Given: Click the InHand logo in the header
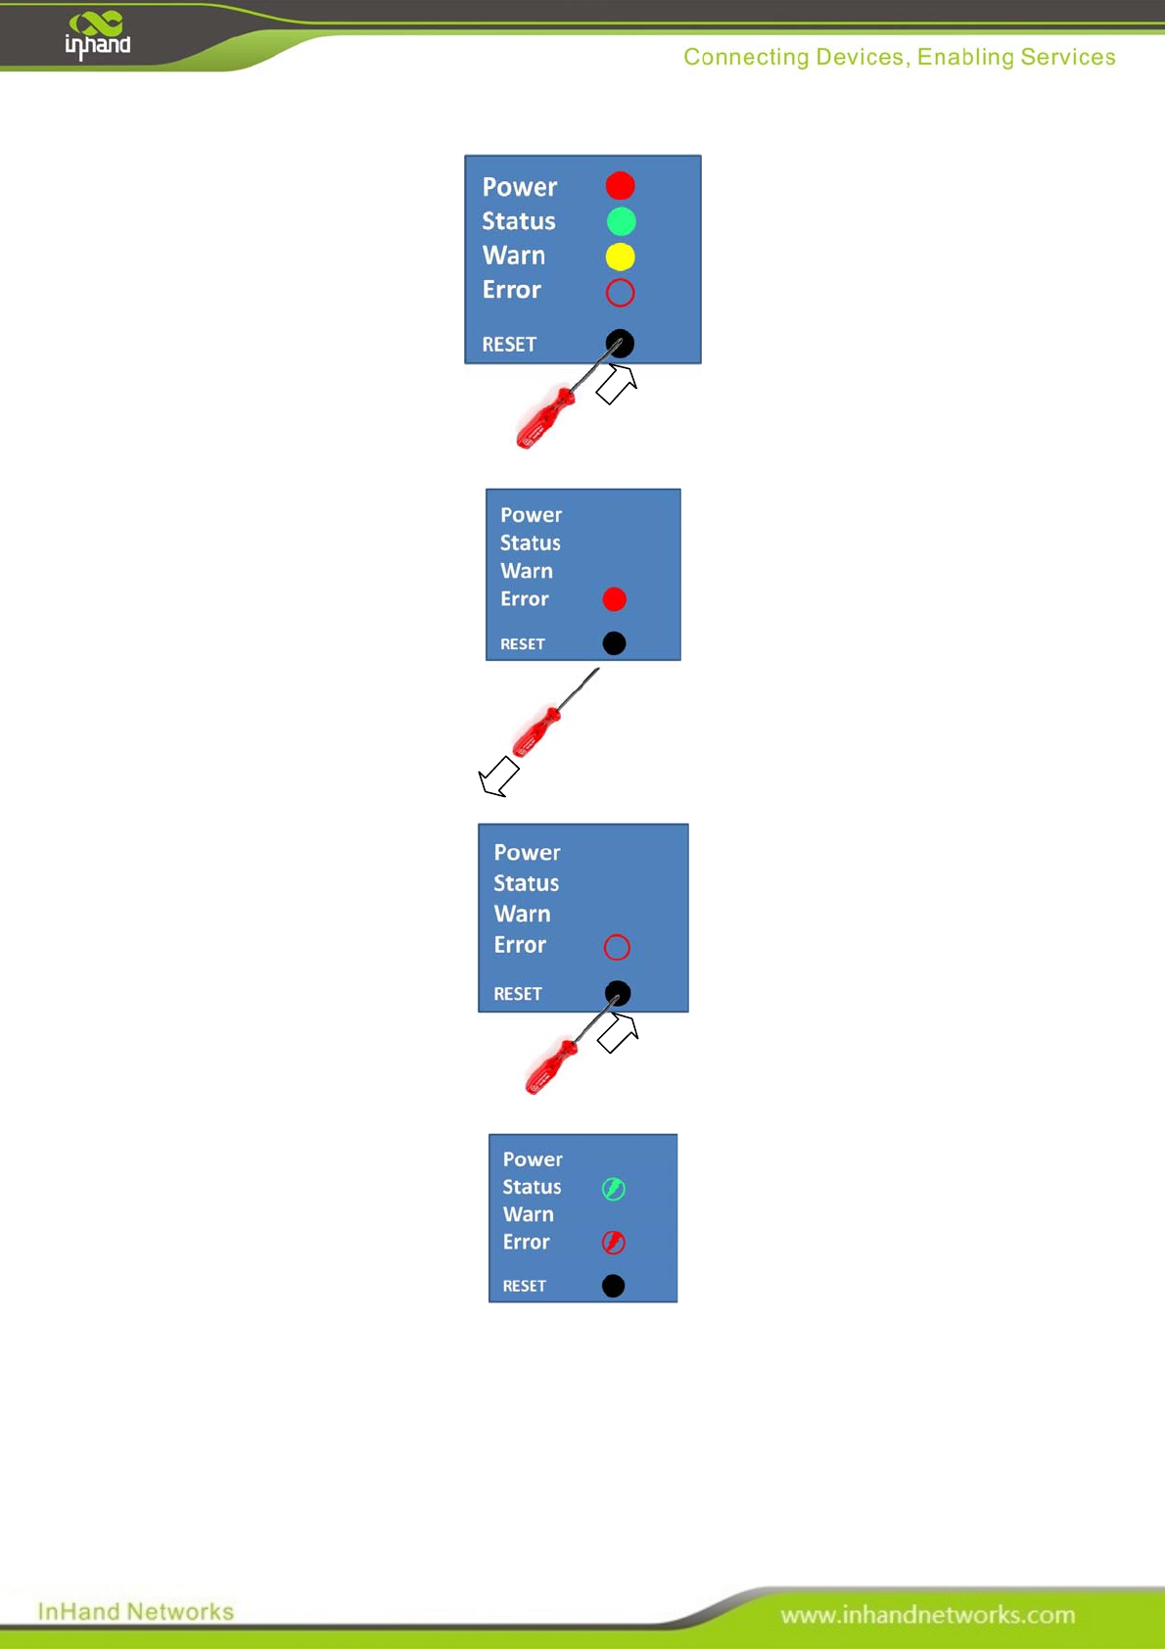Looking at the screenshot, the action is point(98,35).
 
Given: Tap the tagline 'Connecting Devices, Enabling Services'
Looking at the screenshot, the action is point(899,57).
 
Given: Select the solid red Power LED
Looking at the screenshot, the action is point(620,185).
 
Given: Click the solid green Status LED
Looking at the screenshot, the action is point(621,221).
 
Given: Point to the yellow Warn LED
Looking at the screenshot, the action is point(620,257).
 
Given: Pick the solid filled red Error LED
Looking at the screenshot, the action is point(614,599).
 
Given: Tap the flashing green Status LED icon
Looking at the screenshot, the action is point(614,1189).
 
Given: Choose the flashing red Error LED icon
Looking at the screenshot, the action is point(614,1243).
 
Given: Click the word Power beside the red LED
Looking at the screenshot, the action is point(519,187).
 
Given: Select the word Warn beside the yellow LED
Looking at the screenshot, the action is point(513,256).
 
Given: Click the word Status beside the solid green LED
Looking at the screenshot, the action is point(518,221).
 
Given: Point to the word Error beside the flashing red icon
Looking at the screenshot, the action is point(526,1242).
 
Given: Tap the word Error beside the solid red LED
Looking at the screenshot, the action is point(524,598).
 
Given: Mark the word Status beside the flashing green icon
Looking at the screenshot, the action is point(532,1187).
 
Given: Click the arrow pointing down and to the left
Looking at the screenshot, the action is point(499,777).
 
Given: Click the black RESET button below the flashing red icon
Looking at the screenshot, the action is point(613,1286).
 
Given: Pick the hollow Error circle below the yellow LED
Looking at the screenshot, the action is point(620,292).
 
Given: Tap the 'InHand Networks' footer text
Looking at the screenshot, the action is point(135,1611).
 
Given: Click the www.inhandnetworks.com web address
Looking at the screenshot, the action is point(927,1615).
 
